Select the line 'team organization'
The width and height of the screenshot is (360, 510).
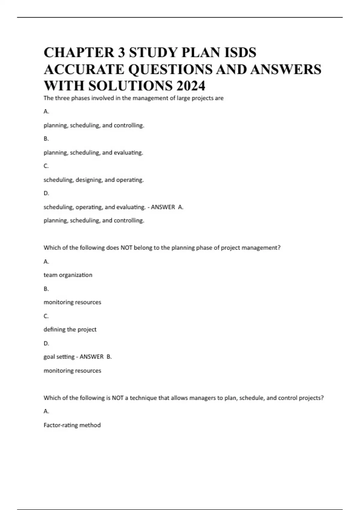68,275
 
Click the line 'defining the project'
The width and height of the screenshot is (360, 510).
70,329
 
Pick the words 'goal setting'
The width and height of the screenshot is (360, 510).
59,357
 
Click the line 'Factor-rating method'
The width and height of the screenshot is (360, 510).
72,425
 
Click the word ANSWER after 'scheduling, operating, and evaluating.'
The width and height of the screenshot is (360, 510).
163,207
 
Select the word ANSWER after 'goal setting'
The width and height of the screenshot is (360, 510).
91,357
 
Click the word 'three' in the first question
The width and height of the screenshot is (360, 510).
62,98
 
